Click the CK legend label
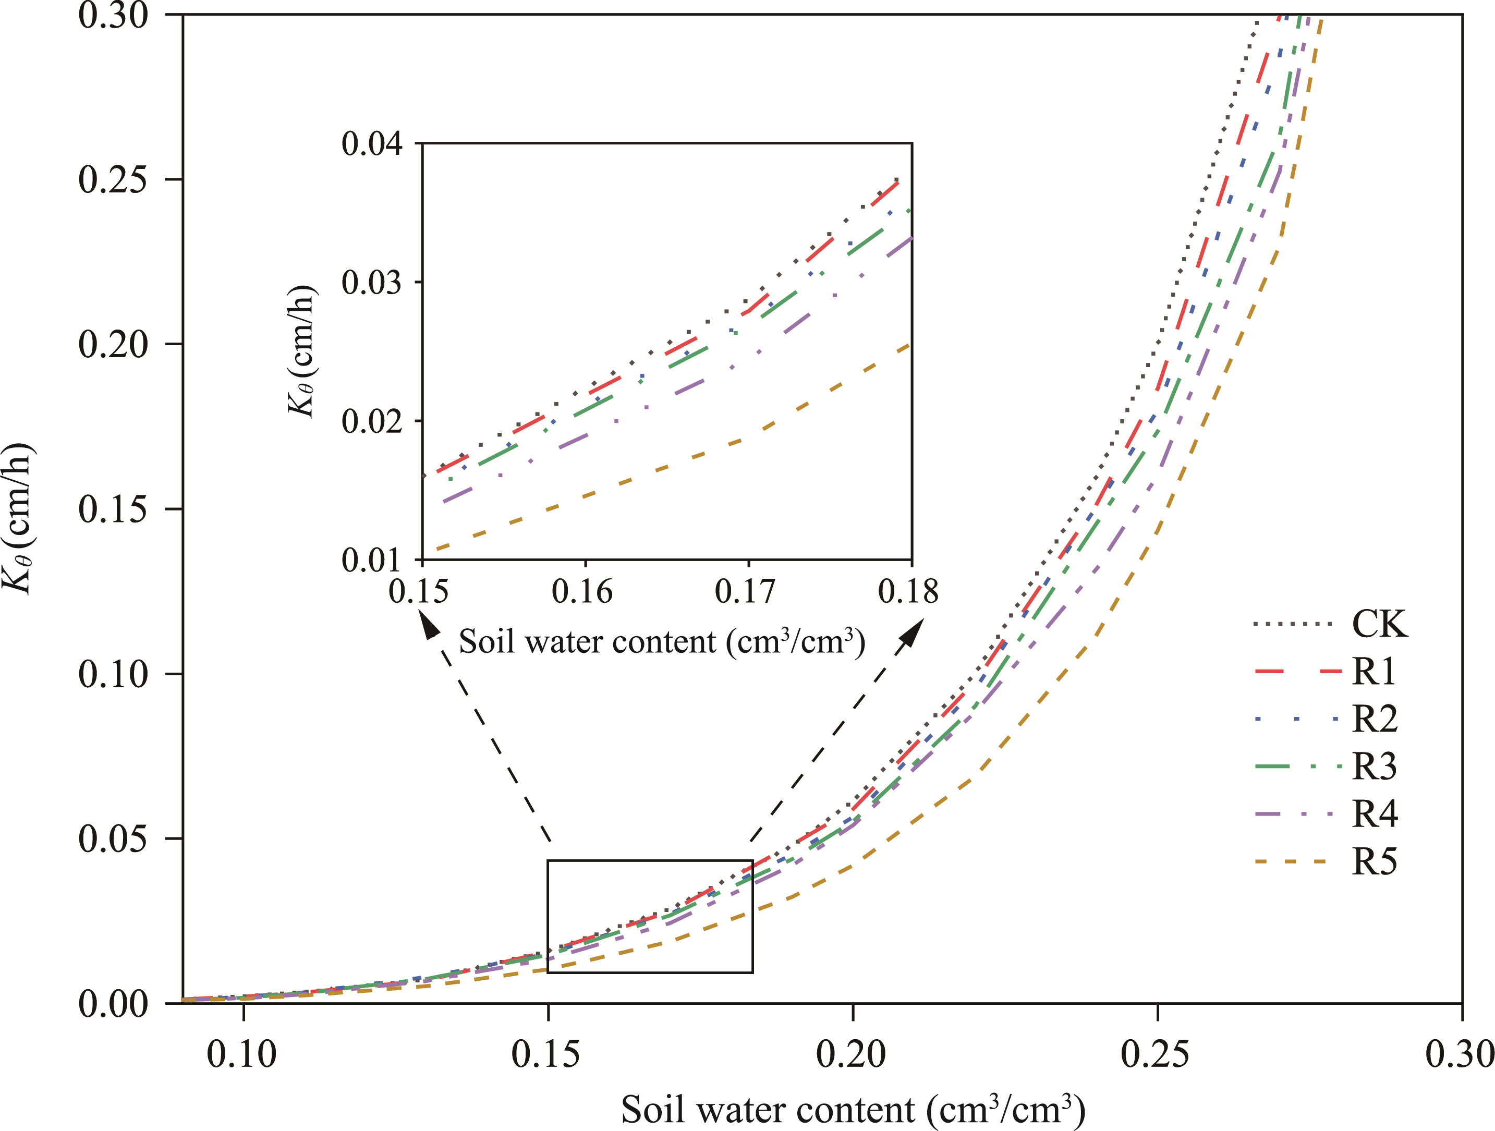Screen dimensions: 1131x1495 (x=1379, y=623)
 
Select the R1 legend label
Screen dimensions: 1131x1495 (x=1374, y=671)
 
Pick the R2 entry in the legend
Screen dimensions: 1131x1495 (x=1375, y=719)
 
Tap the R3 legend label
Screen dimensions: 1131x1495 (x=1374, y=766)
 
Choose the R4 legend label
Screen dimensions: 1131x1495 (x=1375, y=813)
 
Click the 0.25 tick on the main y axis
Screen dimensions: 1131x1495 (x=112, y=179)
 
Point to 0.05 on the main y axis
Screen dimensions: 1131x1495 (x=112, y=839)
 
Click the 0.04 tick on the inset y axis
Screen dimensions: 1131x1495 (x=371, y=143)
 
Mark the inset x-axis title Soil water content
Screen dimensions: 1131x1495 (x=662, y=641)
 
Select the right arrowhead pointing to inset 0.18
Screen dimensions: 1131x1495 (x=913, y=631)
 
